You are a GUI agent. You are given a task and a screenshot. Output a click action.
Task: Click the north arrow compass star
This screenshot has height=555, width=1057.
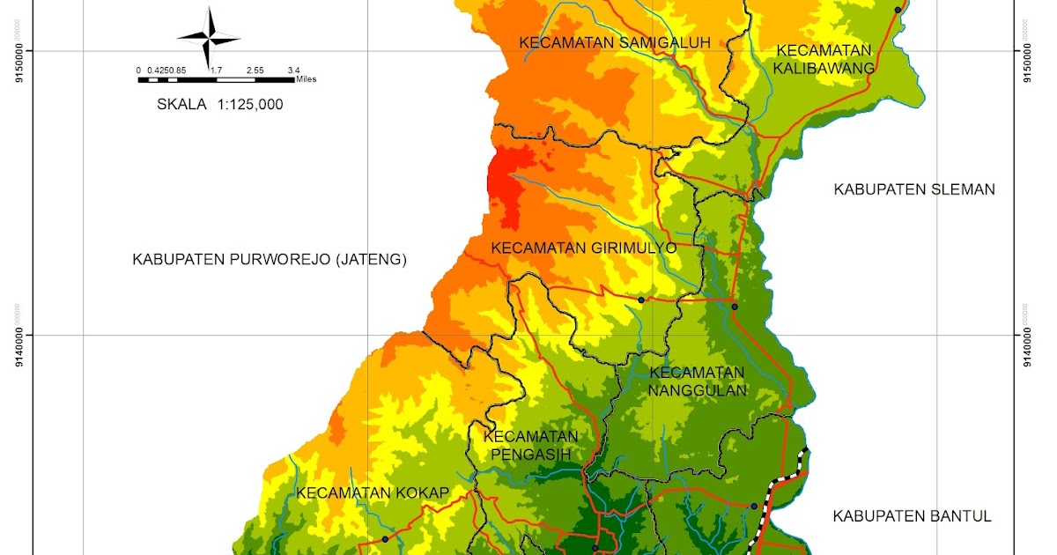[x=210, y=38]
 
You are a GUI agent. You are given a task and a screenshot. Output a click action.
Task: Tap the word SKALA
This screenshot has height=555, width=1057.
[x=181, y=104]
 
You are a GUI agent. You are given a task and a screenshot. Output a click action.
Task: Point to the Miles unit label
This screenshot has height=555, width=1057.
[x=306, y=79]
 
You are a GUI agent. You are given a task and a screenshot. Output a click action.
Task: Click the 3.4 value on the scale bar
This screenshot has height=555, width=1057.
[x=292, y=70]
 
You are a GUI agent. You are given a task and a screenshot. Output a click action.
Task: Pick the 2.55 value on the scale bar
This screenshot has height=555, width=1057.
[x=255, y=70]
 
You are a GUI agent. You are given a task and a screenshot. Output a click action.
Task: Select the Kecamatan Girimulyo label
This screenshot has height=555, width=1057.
[x=583, y=248]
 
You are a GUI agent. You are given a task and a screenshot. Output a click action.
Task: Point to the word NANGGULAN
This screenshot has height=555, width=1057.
[x=697, y=390]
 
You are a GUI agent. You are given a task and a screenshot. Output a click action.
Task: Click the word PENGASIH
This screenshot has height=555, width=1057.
[x=530, y=455]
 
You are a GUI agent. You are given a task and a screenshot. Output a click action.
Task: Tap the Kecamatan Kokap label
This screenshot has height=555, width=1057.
[x=373, y=492]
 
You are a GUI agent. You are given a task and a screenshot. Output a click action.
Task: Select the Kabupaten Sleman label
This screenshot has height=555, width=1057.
[x=914, y=189]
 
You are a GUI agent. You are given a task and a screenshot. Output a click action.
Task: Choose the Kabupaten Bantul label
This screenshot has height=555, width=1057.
[x=913, y=516]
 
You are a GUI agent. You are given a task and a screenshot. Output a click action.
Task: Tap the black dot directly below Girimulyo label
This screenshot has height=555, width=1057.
[x=641, y=300]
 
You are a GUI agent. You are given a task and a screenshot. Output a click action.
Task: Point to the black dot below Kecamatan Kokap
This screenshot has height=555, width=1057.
[x=385, y=538]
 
